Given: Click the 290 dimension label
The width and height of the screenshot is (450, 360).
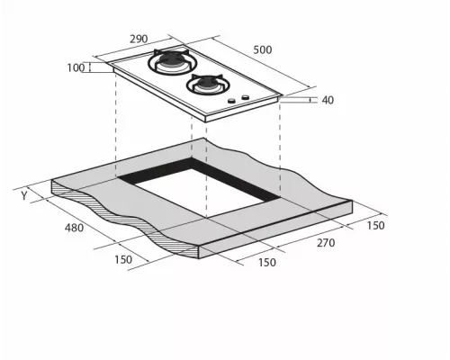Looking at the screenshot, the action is tap(139, 39).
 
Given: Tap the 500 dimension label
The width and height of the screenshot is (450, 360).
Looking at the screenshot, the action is tap(263, 49).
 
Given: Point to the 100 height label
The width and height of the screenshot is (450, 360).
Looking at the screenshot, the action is tap(76, 68).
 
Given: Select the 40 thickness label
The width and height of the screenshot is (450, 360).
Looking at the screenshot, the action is tap(328, 100).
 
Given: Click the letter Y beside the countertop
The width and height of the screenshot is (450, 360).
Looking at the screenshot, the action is tap(24, 195).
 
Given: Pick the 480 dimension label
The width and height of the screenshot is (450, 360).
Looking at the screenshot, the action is tap(74, 228).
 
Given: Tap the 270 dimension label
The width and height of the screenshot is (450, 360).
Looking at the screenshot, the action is tap(326, 243).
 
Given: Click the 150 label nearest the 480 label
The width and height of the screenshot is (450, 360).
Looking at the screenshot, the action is tap(123, 259).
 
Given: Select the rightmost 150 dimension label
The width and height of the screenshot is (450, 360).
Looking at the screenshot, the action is tap(375, 226).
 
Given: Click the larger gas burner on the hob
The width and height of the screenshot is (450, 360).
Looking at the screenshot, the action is tap(169, 61).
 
